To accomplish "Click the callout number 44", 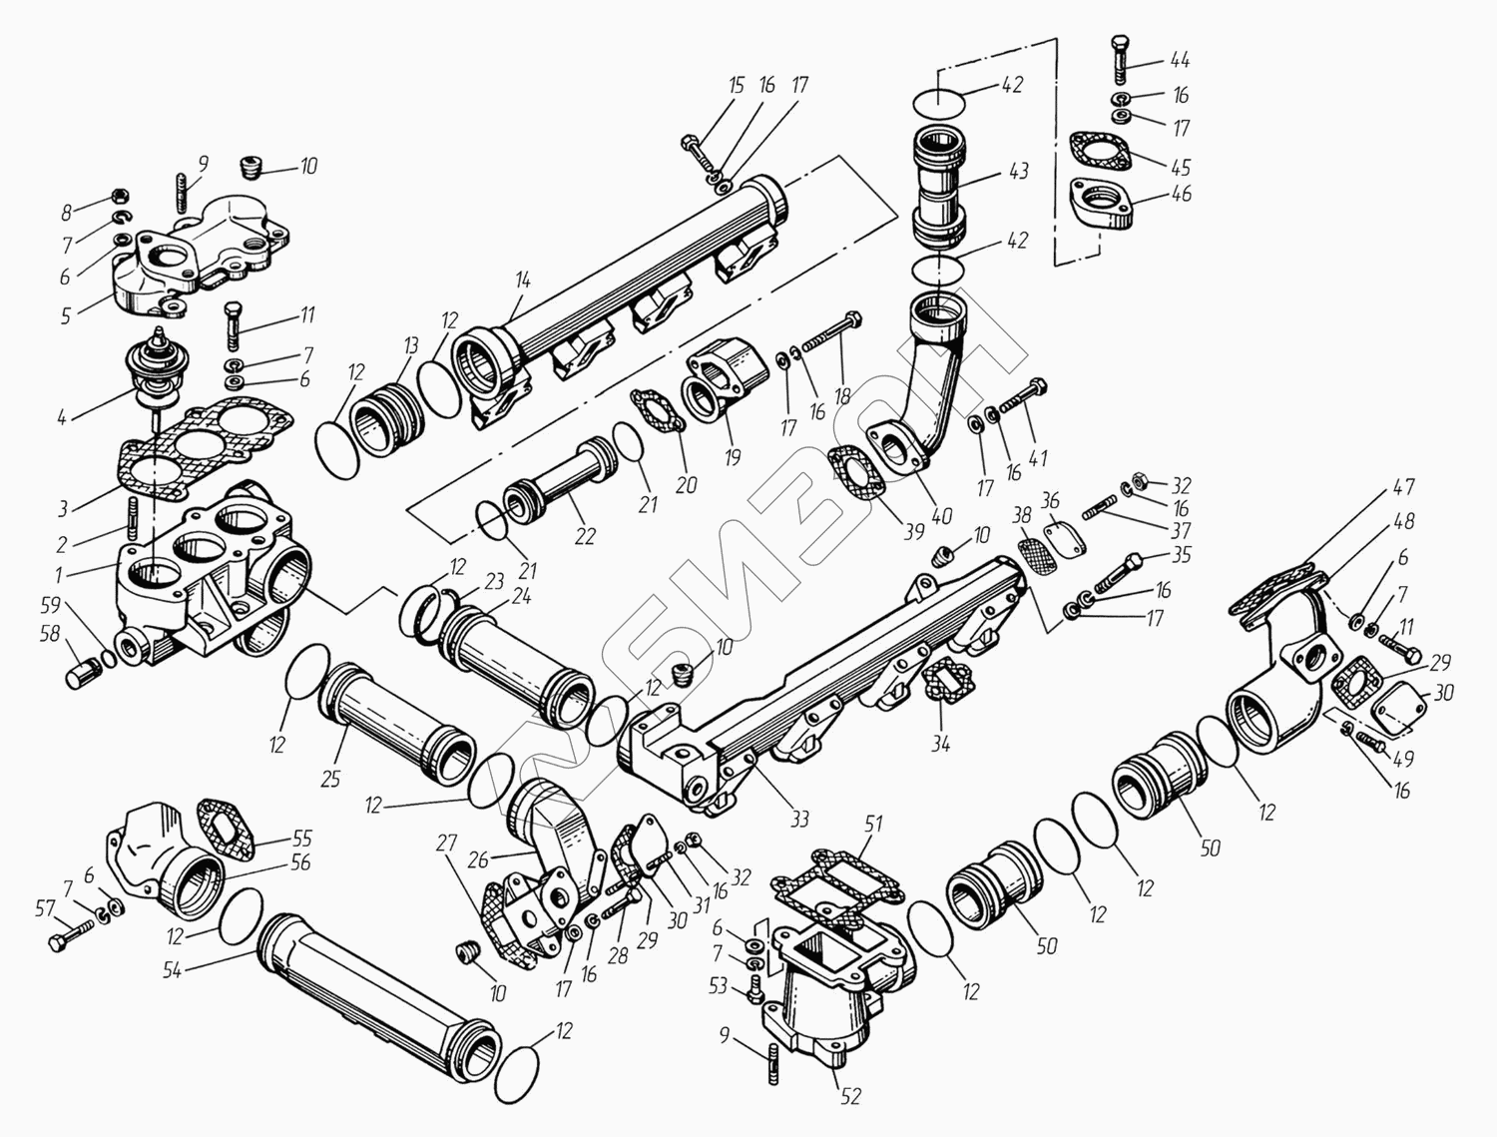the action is [1180, 60].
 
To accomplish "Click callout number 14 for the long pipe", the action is [523, 281].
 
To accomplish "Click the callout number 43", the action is [1018, 171].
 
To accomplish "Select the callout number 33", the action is [799, 819].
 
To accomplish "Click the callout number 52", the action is [850, 1096].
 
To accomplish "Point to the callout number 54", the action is [172, 970].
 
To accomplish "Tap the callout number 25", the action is [330, 779].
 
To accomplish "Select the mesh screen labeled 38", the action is [1037, 557].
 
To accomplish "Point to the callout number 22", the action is [585, 537].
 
